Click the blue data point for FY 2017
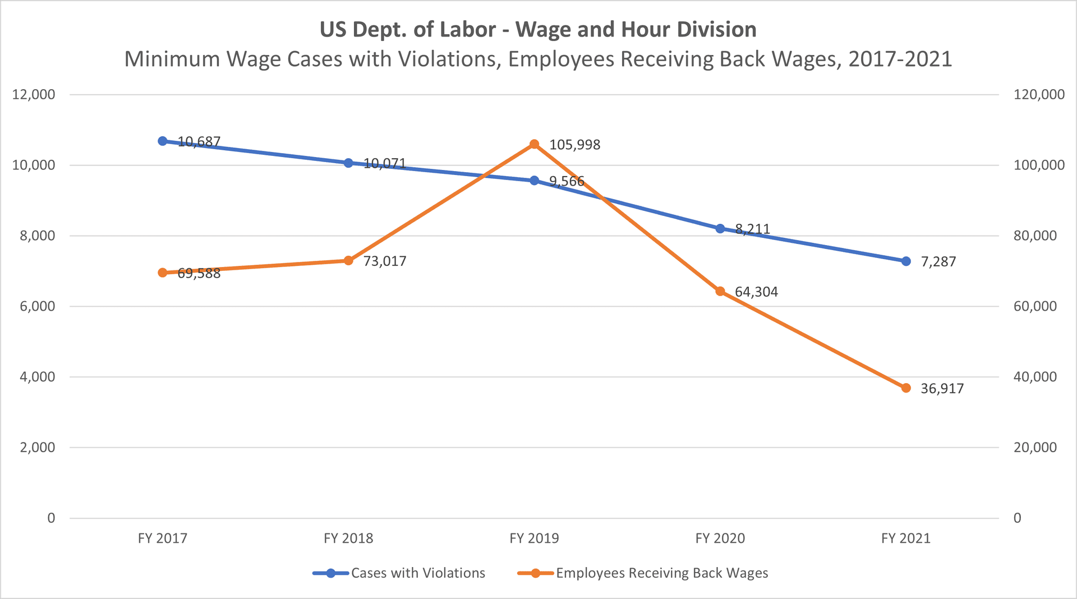pyautogui.click(x=163, y=141)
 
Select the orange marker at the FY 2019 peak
pyautogui.click(x=534, y=145)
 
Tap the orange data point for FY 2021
pyautogui.click(x=906, y=388)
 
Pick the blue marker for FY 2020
pyautogui.click(x=720, y=228)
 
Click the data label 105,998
pyautogui.click(x=574, y=145)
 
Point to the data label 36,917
pyautogui.click(x=942, y=389)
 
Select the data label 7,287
pyautogui.click(x=938, y=262)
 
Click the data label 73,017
pyautogui.click(x=385, y=261)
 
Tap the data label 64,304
pyautogui.click(x=756, y=292)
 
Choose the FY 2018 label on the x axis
pyautogui.click(x=348, y=538)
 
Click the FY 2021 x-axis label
pyautogui.click(x=905, y=538)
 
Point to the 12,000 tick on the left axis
pyautogui.click(x=34, y=95)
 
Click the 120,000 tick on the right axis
pyautogui.click(x=1039, y=95)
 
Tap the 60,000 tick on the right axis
pyautogui.click(x=1035, y=306)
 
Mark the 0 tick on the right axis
pyautogui.click(x=1018, y=518)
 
